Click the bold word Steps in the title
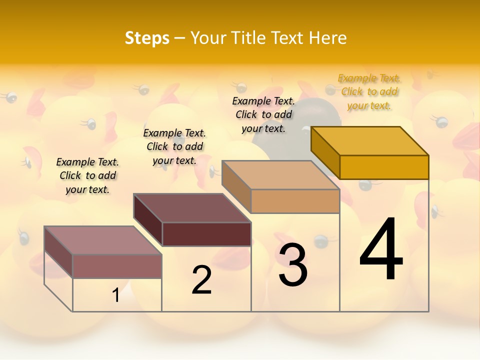coord(147,38)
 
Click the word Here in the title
coord(327,38)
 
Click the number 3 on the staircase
coord(292,265)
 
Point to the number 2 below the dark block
coord(201,280)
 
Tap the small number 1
coord(115,295)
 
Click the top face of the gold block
coord(370,141)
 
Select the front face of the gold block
coord(384,167)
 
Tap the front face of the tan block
coord(295,201)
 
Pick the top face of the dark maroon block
coord(192,208)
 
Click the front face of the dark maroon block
coord(206,234)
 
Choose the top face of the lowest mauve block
coord(103,240)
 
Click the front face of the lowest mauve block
coord(117,266)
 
